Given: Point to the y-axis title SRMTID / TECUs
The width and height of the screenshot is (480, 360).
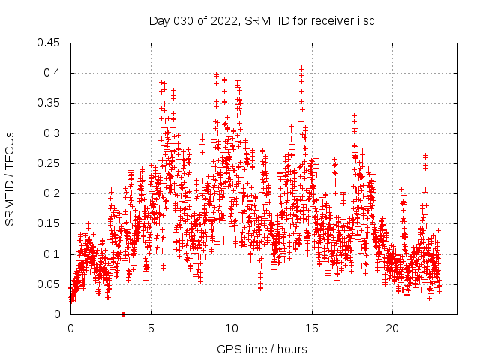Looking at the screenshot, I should pos(10,178).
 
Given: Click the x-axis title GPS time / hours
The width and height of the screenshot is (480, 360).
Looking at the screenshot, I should pos(262,349).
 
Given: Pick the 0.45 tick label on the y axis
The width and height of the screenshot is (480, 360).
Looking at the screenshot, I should pos(50,43).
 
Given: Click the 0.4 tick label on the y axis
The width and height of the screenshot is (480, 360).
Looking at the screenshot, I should pos(53,73).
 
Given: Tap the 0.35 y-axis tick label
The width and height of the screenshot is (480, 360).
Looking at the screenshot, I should pos(50,103).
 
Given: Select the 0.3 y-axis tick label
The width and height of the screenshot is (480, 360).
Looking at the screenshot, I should pos(53,133).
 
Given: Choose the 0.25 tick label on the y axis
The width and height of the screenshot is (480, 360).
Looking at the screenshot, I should pos(50,163).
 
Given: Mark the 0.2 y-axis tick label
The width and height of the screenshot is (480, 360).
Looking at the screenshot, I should pos(53,193).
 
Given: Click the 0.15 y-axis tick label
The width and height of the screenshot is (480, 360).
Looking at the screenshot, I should pos(50,223).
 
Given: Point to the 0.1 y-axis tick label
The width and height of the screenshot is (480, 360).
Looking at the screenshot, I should pos(53,254).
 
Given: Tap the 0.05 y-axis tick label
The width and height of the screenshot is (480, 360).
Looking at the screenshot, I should pos(50,284).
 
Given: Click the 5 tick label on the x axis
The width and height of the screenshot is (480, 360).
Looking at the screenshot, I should pos(151,328).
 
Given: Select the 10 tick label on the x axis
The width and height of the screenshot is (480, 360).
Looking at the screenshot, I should pos(232,328).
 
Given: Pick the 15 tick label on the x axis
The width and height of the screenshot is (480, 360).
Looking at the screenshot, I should pos(312,328).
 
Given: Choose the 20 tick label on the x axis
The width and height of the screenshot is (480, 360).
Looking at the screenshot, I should pos(392,328).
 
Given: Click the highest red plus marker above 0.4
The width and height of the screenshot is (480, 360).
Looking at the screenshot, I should pos(301,68).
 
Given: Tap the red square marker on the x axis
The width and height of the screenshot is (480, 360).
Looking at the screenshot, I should pos(123,314).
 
